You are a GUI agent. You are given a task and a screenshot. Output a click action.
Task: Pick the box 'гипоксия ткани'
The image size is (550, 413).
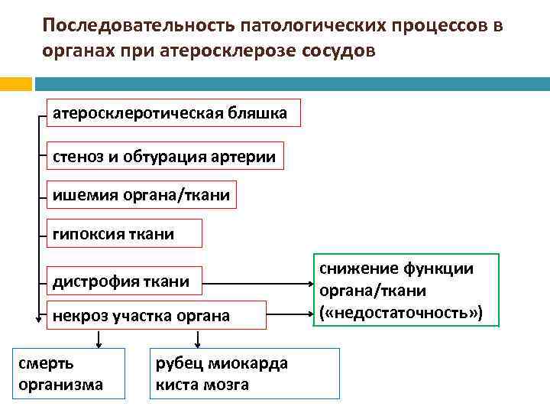[x=125, y=233]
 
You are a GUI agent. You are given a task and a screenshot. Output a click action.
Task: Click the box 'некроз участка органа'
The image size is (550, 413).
[x=157, y=315]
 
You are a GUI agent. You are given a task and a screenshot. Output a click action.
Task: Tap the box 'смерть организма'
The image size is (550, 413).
[x=69, y=373]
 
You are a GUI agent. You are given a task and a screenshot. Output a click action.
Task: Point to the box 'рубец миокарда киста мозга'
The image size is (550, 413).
[x=244, y=373]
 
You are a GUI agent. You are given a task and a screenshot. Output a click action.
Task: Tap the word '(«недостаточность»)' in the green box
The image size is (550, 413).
[x=401, y=314]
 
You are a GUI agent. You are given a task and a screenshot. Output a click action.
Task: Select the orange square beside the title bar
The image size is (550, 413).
[x=15, y=83]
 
